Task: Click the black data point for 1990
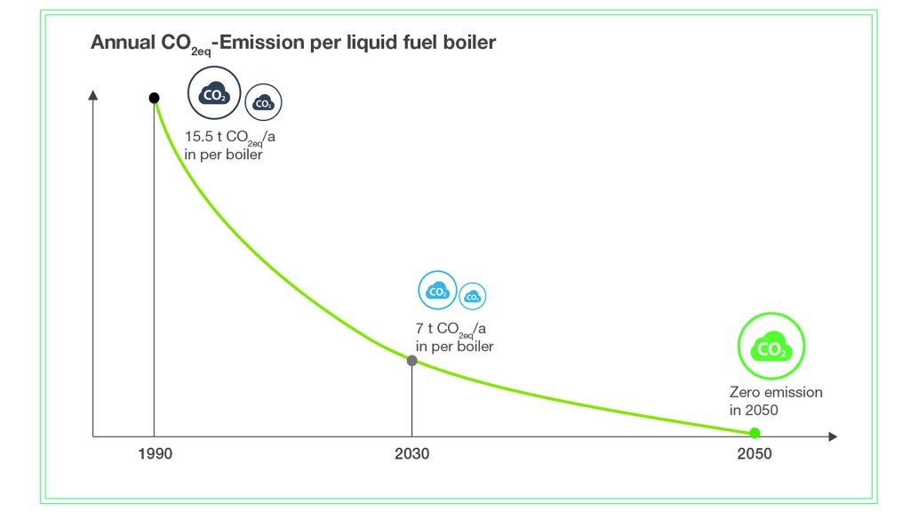[154, 98]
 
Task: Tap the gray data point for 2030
[411, 361]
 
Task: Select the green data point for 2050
[754, 433]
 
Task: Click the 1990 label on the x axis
[155, 453]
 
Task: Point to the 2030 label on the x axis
[411, 453]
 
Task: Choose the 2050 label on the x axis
[754, 453]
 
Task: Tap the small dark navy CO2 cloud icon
[263, 104]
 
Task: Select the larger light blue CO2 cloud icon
[437, 291]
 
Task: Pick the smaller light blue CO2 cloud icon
[473, 296]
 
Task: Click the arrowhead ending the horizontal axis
[832, 436]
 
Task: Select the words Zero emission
[776, 392]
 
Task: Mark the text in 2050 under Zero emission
[754, 410]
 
